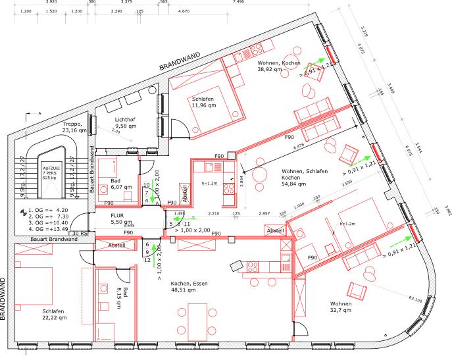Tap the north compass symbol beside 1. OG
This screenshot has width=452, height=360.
[24, 213]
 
